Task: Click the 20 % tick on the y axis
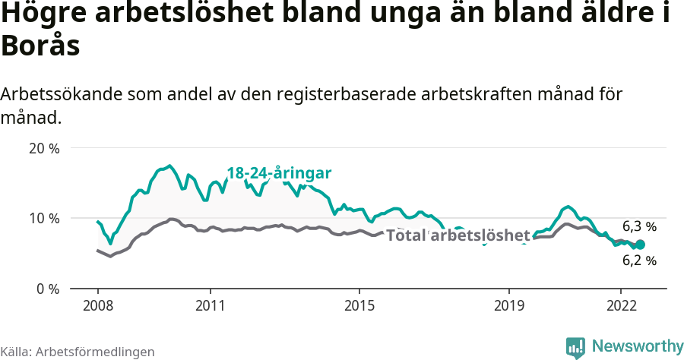[44, 148]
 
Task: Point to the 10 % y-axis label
[44, 219]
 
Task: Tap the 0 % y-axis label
[47, 289]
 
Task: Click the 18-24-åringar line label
[279, 174]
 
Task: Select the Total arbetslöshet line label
[458, 236]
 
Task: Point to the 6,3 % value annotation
[639, 226]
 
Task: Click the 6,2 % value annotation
[639, 261]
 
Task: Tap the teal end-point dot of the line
[640, 245]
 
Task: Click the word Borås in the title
[40, 46]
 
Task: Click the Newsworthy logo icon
[575, 347]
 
